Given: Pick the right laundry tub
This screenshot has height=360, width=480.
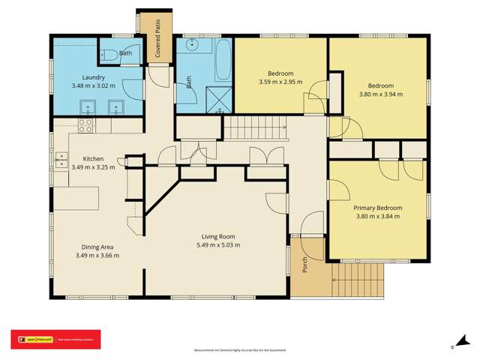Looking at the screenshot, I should pyautogui.click(x=115, y=106).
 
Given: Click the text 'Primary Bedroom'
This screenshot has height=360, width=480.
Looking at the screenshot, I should pyautogui.click(x=378, y=208).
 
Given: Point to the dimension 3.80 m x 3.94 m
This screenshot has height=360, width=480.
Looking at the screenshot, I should pyautogui.click(x=380, y=94).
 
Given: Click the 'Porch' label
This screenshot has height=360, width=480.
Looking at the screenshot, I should pyautogui.click(x=305, y=264).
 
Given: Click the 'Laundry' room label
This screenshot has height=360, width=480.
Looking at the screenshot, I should pyautogui.click(x=94, y=77).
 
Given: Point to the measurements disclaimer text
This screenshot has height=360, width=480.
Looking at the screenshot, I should pyautogui.click(x=239, y=350).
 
